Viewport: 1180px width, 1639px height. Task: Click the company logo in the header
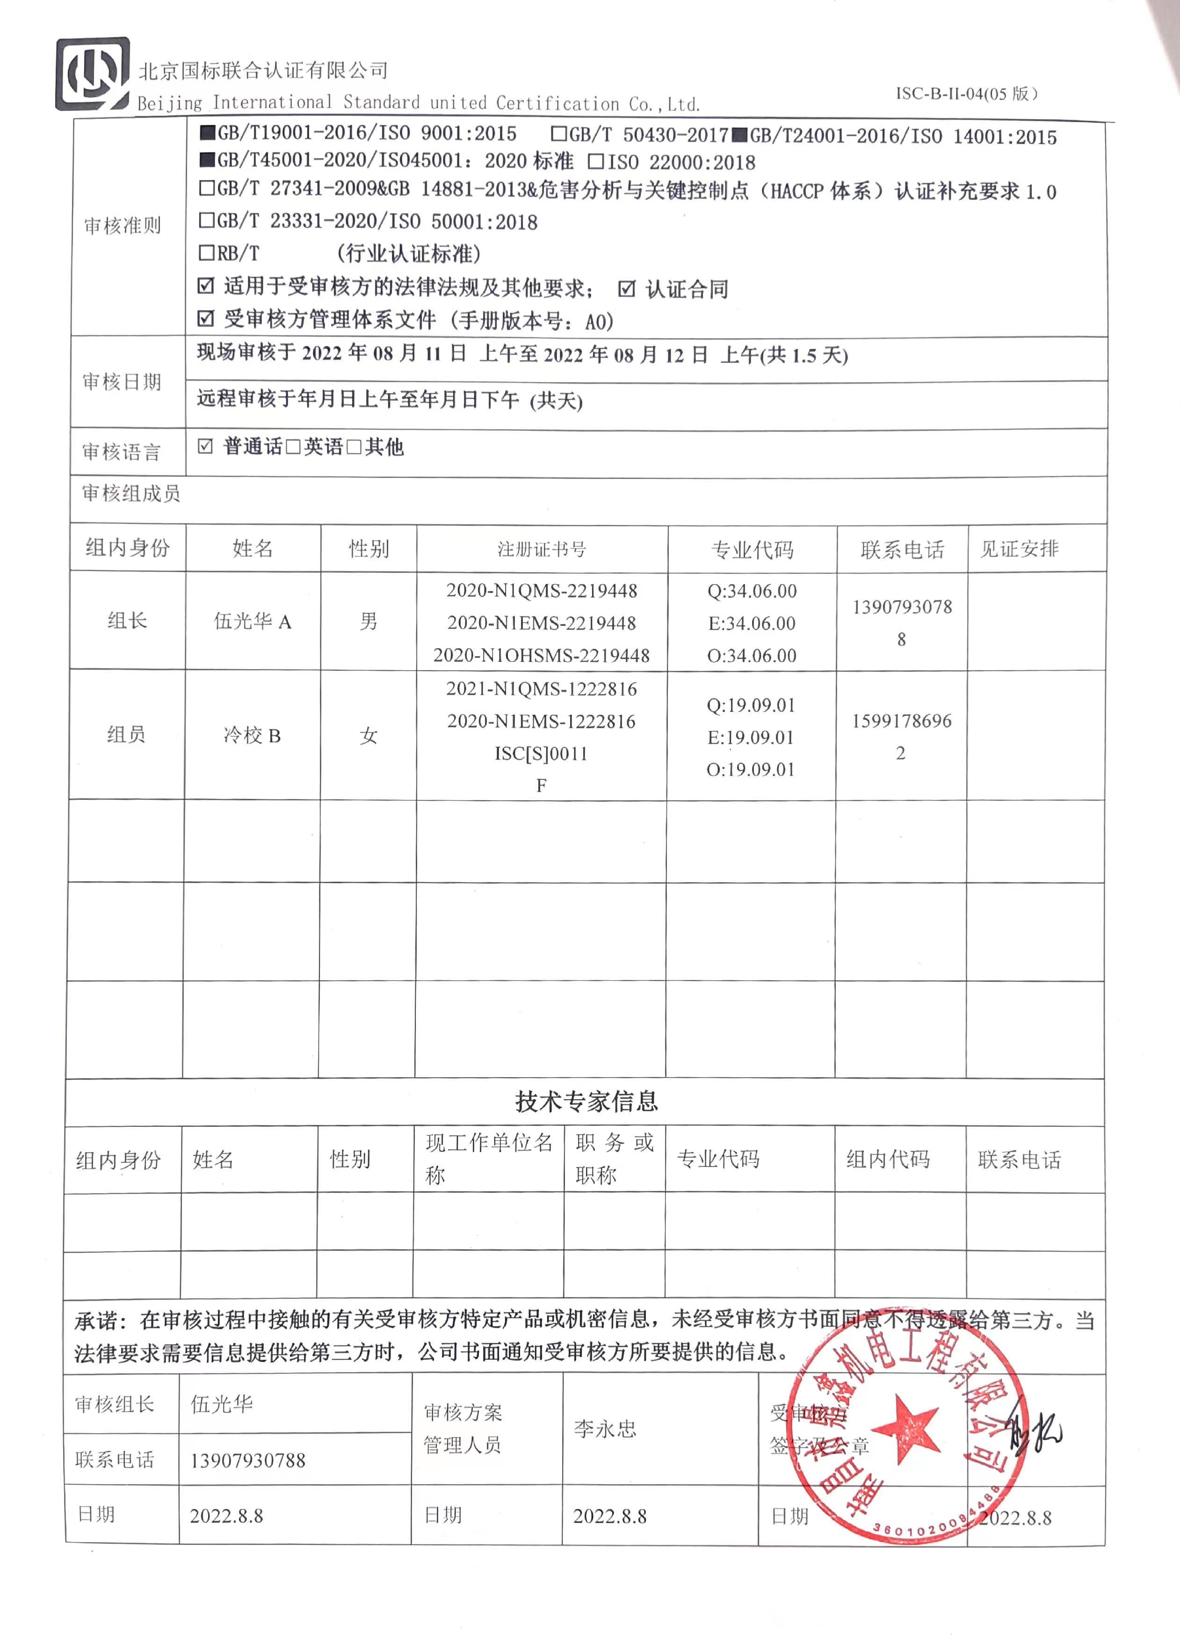(x=93, y=74)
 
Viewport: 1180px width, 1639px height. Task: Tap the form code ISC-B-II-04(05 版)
(x=967, y=93)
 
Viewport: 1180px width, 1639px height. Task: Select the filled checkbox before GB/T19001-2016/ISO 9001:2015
(x=207, y=133)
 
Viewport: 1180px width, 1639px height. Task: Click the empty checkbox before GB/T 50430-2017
(x=558, y=134)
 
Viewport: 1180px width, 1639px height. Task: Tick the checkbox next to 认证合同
(x=627, y=289)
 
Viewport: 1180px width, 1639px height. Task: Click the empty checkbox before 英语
(x=293, y=447)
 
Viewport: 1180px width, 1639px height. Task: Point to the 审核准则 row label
(x=122, y=226)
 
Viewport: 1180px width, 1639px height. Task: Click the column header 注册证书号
(x=541, y=549)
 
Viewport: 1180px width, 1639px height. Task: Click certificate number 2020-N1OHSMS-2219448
(x=541, y=655)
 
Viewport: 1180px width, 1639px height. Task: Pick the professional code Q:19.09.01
(x=751, y=704)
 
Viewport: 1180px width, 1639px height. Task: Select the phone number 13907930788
(x=248, y=1460)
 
